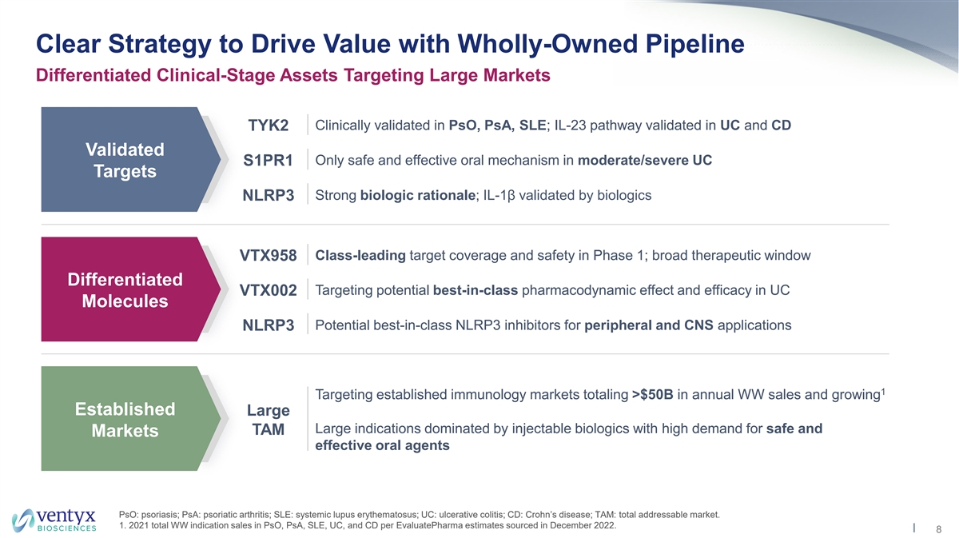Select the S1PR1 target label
(269, 161)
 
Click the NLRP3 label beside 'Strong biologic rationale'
(269, 196)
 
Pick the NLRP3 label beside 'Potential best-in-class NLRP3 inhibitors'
(269, 326)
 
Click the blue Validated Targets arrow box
(124, 160)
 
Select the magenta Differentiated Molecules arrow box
(124, 290)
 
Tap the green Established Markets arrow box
(124, 420)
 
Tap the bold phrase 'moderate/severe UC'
(644, 160)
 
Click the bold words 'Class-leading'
(360, 256)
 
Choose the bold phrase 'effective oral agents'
(383, 446)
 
